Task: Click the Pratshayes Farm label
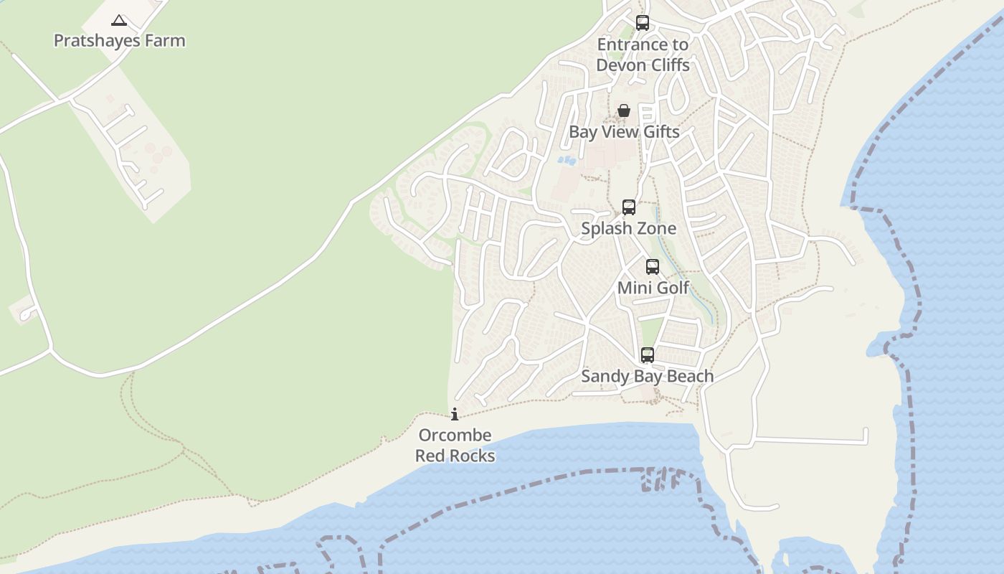tap(120, 40)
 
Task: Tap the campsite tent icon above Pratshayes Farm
tap(119, 21)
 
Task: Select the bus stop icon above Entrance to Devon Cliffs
tap(643, 23)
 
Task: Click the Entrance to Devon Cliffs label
tap(643, 55)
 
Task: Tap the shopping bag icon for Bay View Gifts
tap(624, 110)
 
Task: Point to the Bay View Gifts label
tap(624, 132)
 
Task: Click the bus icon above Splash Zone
tap(629, 207)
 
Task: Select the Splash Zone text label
tap(629, 228)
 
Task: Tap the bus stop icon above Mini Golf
tap(653, 267)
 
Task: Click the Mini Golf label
tap(653, 288)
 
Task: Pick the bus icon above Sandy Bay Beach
tap(648, 354)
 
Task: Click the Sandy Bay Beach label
tap(648, 376)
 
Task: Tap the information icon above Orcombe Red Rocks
tap(455, 414)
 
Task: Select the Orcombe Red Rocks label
tap(455, 446)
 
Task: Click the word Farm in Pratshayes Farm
tap(166, 40)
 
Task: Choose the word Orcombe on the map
tap(455, 436)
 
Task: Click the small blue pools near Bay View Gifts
tap(567, 160)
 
